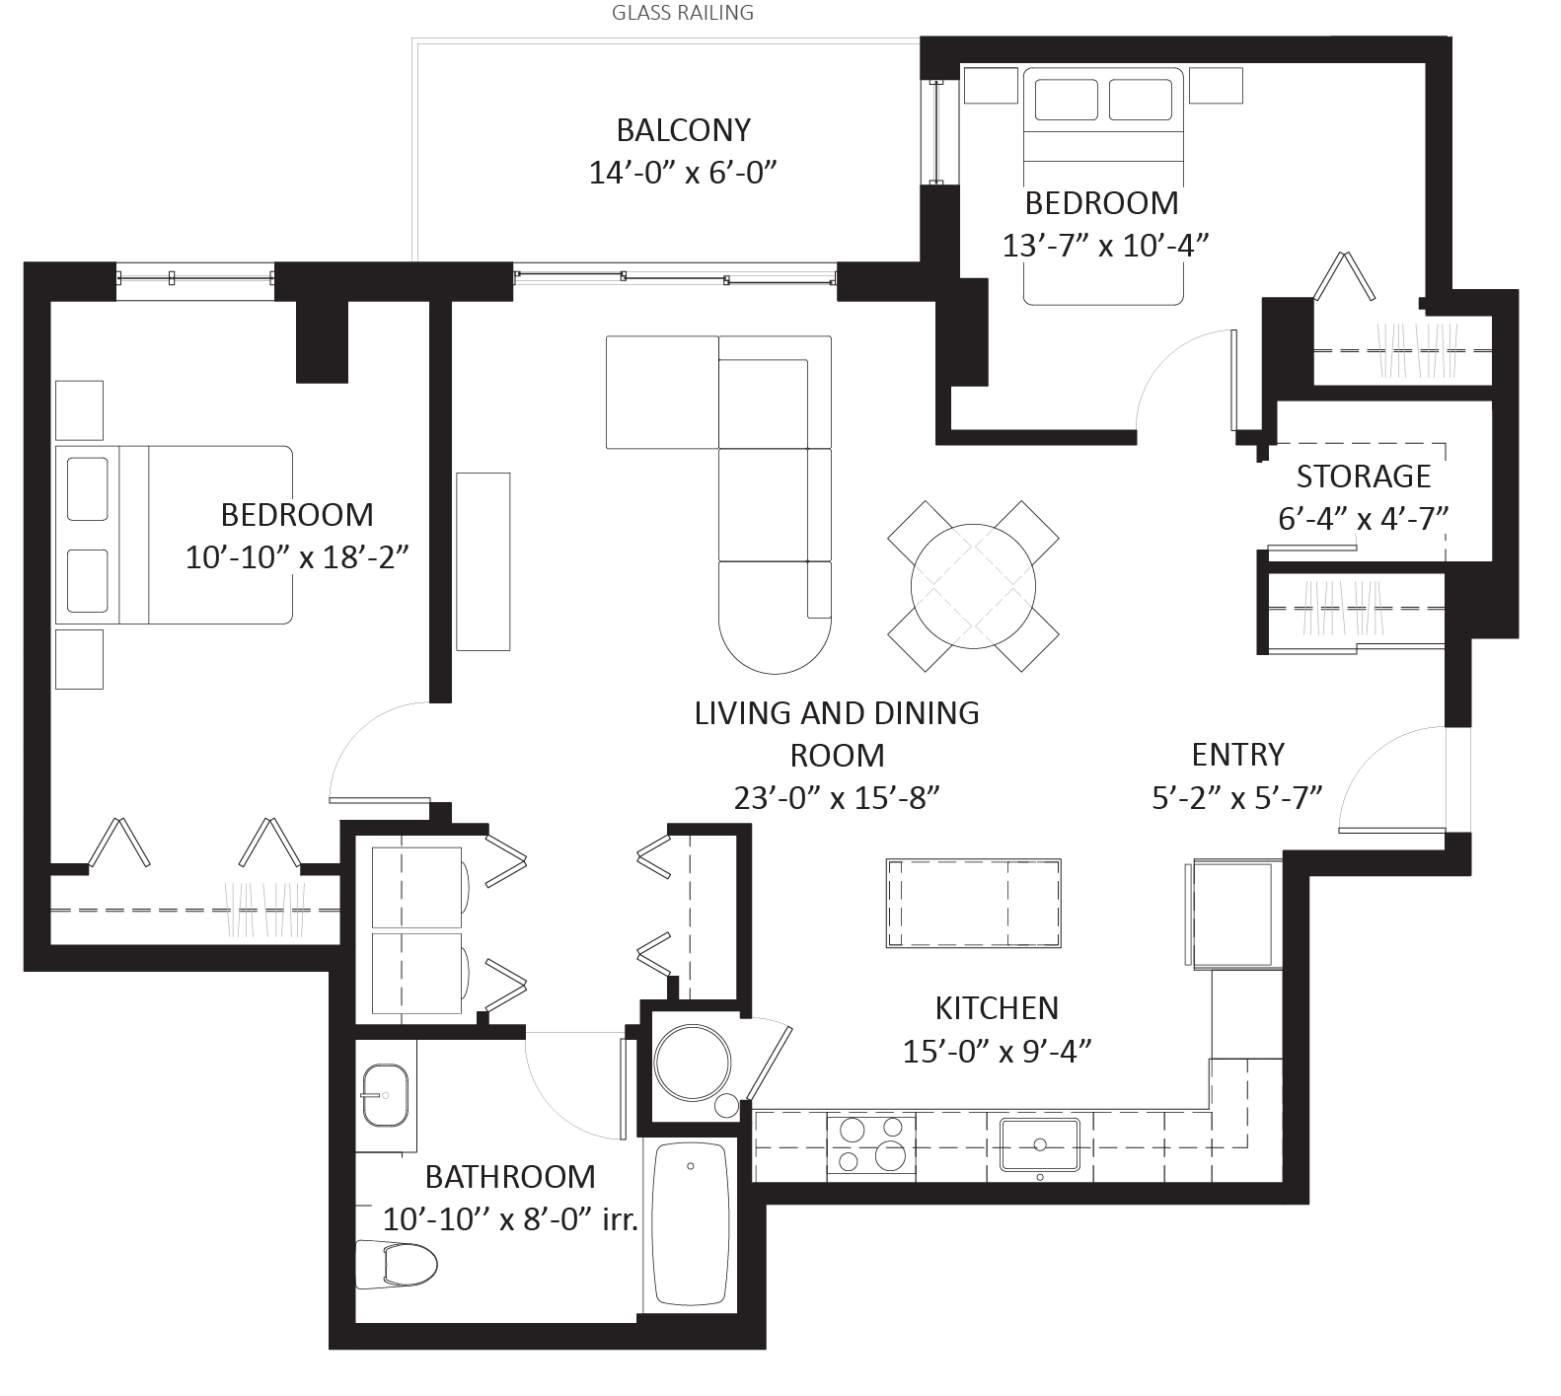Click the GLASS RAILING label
point(683,13)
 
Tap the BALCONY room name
point(683,129)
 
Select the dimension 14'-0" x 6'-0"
point(683,173)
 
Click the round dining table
point(973,586)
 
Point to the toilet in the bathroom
point(397,1264)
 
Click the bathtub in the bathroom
point(691,1224)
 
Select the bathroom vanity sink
point(385,1095)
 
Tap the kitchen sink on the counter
point(1040,1144)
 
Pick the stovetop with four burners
point(867,1144)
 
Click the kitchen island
point(974,902)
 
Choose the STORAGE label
point(1363,477)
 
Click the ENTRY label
point(1237,755)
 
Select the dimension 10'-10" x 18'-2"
point(297,557)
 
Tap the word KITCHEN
point(997,1008)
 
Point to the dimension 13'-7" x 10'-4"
point(1105,245)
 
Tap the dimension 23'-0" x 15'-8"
point(837,797)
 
